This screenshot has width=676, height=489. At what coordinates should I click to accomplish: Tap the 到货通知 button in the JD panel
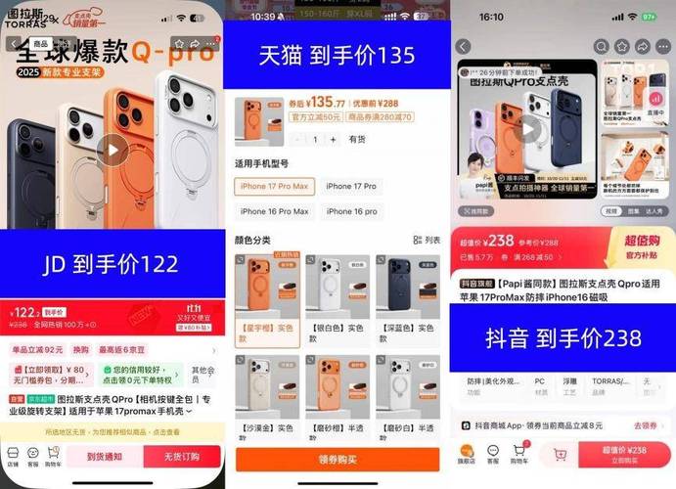[105, 456]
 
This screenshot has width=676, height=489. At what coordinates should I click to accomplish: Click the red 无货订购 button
[181, 456]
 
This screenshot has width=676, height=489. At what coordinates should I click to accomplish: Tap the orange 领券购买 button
[336, 460]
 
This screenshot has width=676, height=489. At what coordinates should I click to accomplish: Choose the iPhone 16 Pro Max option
[274, 211]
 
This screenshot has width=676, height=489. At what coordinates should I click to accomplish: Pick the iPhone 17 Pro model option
[351, 186]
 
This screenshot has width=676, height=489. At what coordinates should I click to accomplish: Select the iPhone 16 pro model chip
[351, 211]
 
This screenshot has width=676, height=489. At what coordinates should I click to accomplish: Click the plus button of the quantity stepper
[336, 140]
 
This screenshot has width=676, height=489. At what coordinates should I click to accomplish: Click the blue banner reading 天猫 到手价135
[337, 56]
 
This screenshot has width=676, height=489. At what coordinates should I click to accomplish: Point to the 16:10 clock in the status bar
[491, 17]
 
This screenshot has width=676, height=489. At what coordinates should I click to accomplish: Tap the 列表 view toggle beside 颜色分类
[428, 240]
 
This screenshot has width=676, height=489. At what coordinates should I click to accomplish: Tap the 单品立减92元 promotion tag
[37, 349]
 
